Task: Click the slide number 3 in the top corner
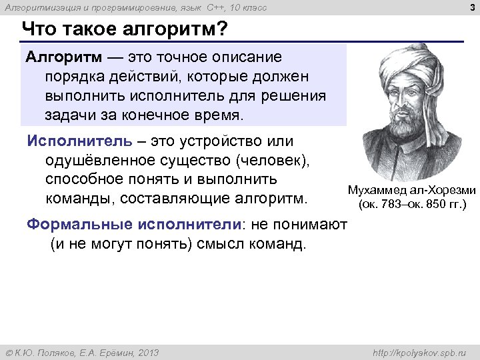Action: [471, 7]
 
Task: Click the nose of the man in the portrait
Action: [415, 110]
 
